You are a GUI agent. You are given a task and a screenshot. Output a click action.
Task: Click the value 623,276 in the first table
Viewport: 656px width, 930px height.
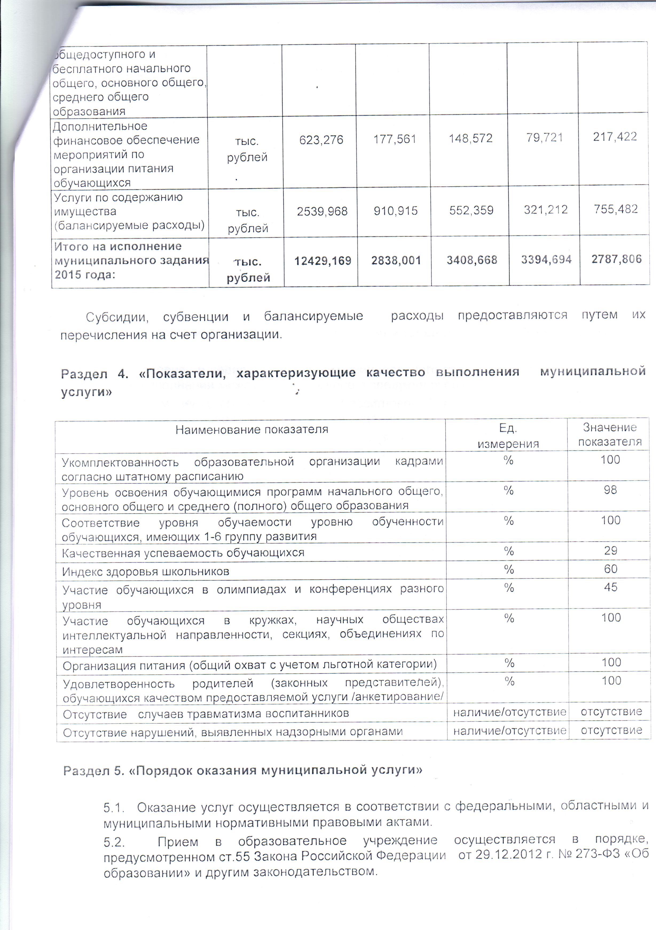[x=321, y=140]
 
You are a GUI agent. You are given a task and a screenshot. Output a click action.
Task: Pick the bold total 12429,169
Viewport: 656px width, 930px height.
[x=323, y=261]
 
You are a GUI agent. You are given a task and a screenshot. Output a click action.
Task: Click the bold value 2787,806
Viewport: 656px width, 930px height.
[x=616, y=259]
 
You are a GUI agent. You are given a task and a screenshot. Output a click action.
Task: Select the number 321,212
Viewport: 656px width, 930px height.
[x=545, y=210]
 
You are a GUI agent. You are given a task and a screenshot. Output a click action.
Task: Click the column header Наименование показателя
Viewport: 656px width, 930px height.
[x=252, y=429]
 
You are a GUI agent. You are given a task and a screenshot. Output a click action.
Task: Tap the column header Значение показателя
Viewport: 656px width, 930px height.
[x=609, y=434]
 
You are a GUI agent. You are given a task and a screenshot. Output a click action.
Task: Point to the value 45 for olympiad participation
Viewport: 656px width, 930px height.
[x=610, y=587]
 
